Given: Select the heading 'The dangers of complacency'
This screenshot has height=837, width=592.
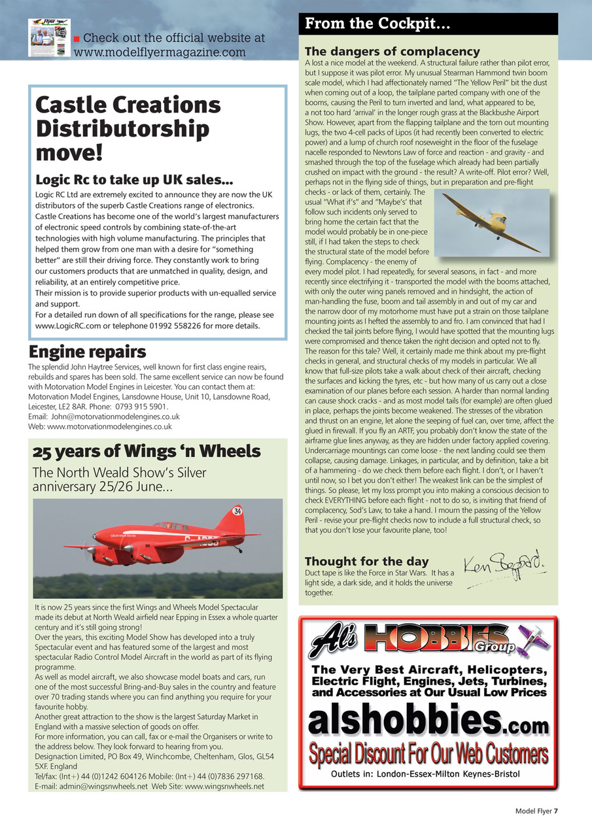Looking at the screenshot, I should pyautogui.click(x=392, y=51).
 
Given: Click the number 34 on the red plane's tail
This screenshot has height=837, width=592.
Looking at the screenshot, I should pyautogui.click(x=237, y=510).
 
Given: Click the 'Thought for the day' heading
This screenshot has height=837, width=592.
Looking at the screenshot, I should pyautogui.click(x=366, y=561).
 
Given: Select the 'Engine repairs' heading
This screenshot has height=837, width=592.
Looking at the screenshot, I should pyautogui.click(x=87, y=352).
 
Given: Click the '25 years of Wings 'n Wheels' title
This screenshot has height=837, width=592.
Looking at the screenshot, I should pyautogui.click(x=147, y=451).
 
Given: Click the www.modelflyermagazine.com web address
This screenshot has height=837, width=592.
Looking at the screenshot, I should pyautogui.click(x=160, y=52).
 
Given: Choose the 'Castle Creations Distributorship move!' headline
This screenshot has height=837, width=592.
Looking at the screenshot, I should pyautogui.click(x=128, y=128).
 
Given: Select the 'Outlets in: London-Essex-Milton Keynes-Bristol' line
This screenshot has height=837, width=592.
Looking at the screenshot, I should pyautogui.click(x=425, y=774).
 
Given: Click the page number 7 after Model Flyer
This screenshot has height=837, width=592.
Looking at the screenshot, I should pyautogui.click(x=555, y=811).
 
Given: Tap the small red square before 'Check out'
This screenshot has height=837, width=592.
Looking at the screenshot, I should pyautogui.click(x=77, y=39).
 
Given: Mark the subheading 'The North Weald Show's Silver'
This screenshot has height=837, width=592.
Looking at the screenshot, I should pyautogui.click(x=119, y=473).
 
